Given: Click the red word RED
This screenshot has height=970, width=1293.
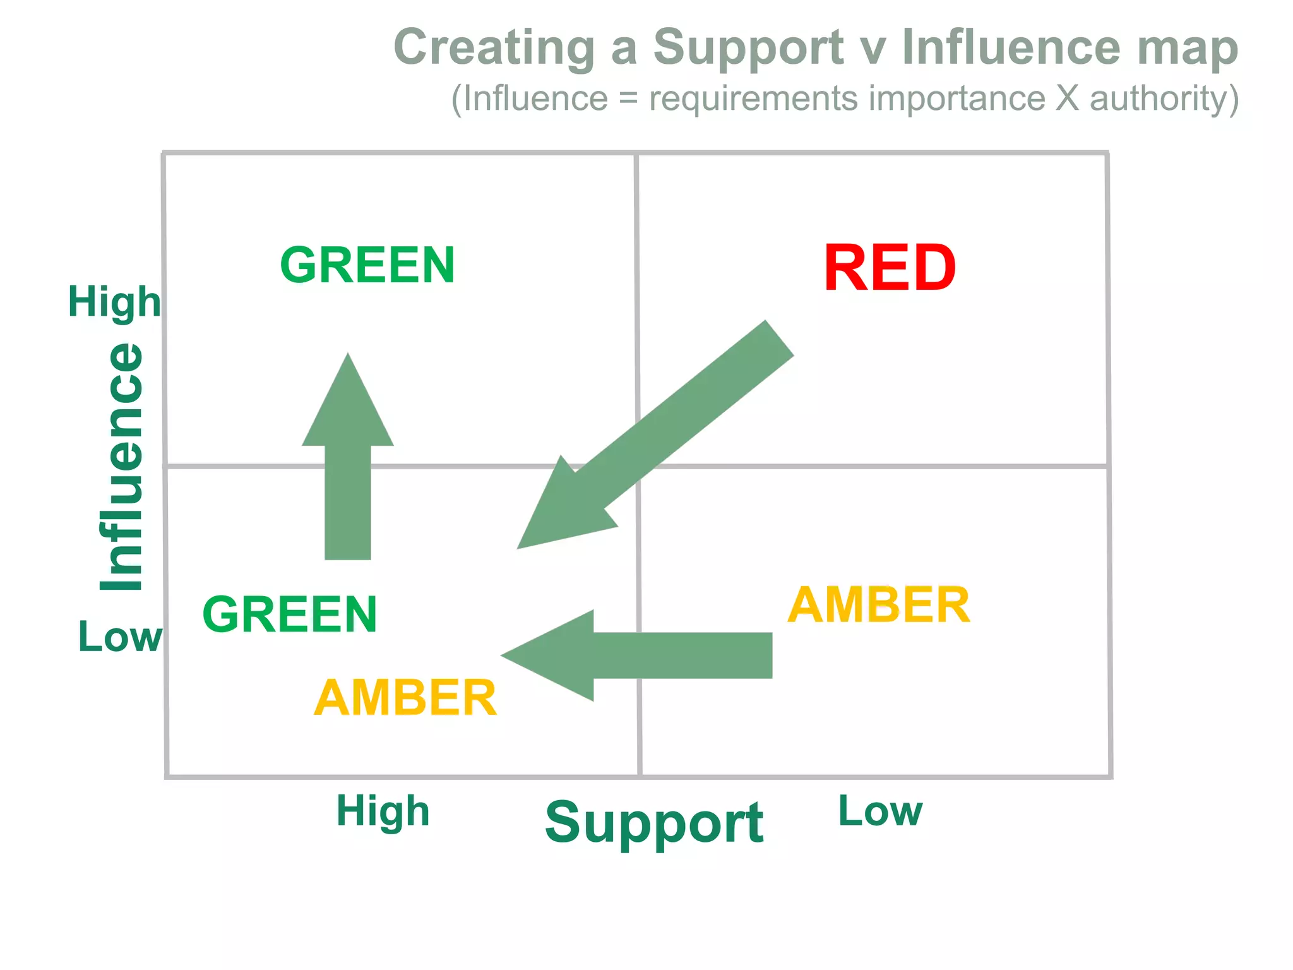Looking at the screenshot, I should pos(889,268).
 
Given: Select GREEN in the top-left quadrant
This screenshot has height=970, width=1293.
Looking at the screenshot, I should pos(367,265).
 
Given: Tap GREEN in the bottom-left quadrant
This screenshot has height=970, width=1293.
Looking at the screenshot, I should pos(290,614).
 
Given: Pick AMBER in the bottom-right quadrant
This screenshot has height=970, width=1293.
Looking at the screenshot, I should pos(878,605).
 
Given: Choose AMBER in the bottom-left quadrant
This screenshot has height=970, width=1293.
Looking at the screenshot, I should pos(405,698).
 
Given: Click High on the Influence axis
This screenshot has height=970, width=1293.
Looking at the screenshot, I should pos(114,302).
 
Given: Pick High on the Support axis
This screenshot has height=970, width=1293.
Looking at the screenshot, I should pos(383,811).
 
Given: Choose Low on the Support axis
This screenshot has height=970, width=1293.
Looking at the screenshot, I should pos(880,811).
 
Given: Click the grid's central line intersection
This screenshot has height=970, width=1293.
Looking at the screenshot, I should pos(638,467).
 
